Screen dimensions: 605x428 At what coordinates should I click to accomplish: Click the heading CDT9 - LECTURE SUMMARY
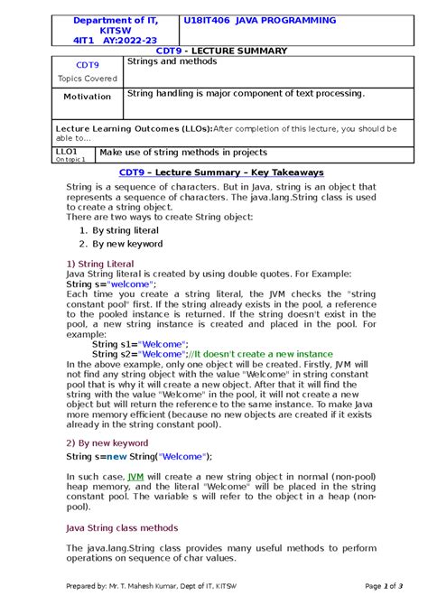214,51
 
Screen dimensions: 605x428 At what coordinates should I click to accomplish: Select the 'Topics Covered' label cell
81,79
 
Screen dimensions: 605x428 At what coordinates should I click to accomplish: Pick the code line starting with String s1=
140,344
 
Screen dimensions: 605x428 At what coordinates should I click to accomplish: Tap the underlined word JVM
135,476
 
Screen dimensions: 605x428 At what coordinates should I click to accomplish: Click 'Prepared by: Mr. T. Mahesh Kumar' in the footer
144,587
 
